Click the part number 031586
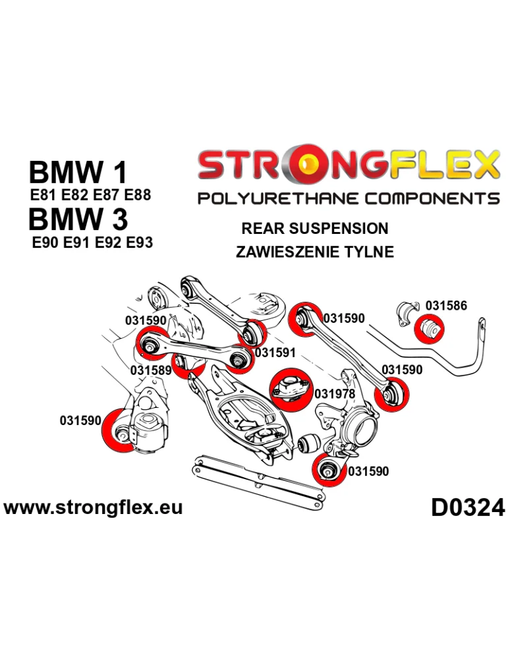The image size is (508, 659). [446, 305]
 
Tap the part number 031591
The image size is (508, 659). [275, 353]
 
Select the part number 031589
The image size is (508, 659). [151, 370]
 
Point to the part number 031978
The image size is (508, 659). [335, 393]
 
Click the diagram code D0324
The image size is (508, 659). [468, 508]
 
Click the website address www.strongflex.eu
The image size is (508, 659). [93, 507]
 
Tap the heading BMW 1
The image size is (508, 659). [78, 173]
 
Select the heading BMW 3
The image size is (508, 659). [78, 218]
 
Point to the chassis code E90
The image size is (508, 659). [45, 242]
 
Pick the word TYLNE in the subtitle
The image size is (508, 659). [373, 251]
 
